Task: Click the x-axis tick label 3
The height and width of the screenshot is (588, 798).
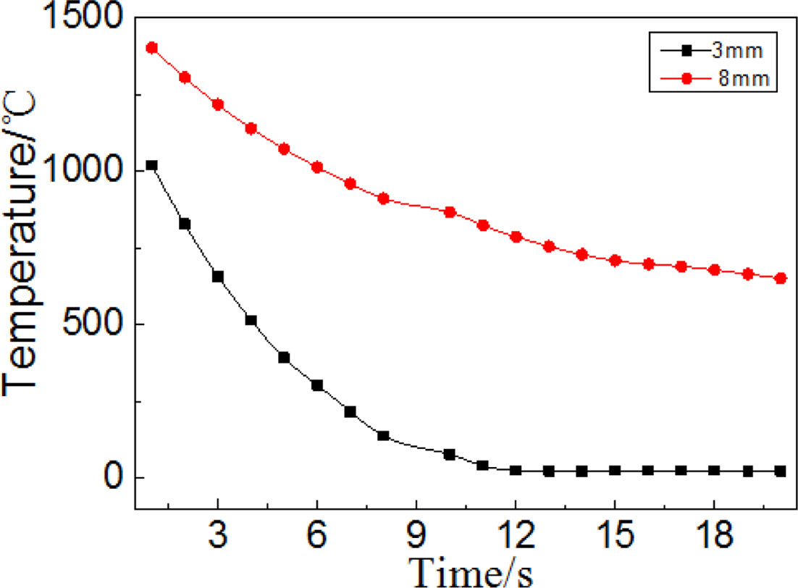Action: [218, 537]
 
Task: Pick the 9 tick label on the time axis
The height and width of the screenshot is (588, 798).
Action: [416, 537]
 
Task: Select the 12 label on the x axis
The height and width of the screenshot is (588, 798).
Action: [516, 537]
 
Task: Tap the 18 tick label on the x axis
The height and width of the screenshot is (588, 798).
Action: [714, 537]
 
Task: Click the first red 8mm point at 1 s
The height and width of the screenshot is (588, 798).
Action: [151, 48]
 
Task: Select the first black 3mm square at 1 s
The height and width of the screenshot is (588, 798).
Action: [151, 166]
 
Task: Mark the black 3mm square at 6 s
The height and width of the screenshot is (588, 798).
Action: [317, 385]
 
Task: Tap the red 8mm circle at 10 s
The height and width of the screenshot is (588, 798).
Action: [450, 212]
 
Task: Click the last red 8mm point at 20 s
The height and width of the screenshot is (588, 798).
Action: [781, 278]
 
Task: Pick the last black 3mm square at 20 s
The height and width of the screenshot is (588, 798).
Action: [781, 471]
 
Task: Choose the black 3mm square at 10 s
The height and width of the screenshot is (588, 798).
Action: [450, 455]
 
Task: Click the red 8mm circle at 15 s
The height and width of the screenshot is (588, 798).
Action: [615, 261]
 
